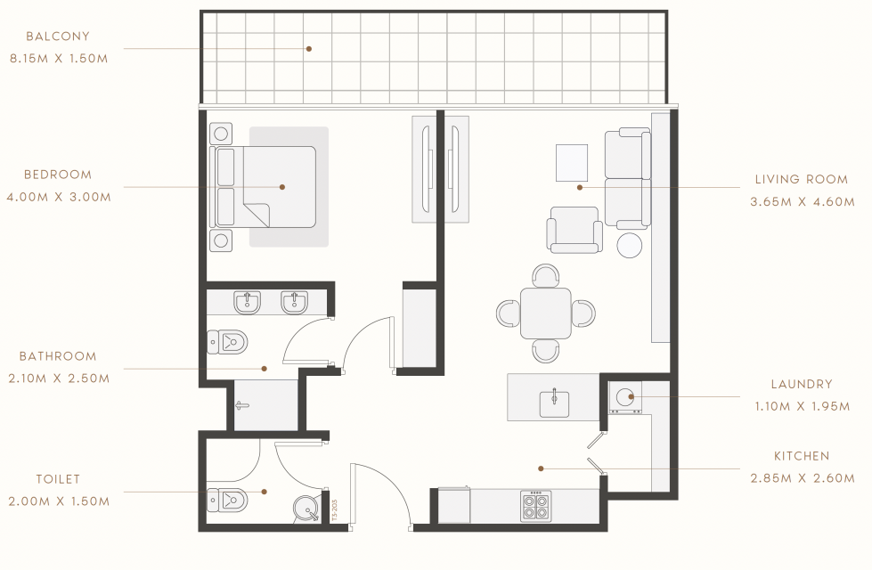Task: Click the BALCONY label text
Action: (58, 37)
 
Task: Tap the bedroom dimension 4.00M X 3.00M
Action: (59, 197)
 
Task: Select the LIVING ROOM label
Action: (802, 180)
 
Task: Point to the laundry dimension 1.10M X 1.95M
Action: (802, 406)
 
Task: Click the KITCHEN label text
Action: (802, 456)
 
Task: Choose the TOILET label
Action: (59, 479)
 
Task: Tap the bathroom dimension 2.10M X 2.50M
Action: (59, 379)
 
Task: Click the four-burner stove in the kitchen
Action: (536, 506)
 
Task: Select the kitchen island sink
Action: (554, 403)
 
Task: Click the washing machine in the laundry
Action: (625, 397)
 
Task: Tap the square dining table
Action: (545, 313)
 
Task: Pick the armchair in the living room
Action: (575, 230)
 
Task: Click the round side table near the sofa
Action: (630, 245)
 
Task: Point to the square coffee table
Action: (572, 163)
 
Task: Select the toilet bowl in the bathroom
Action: (227, 342)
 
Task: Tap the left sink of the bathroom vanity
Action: (247, 303)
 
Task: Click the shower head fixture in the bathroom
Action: (241, 405)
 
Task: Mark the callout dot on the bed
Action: (282, 187)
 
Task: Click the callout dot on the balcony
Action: (309, 49)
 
